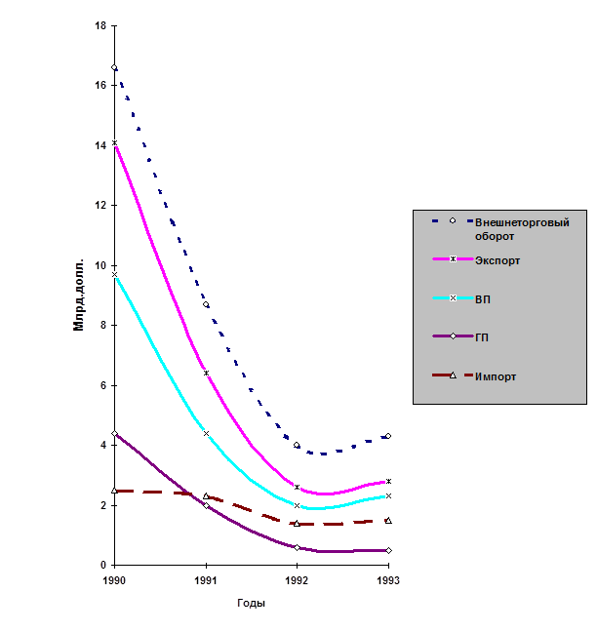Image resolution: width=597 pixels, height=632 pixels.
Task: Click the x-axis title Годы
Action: point(252,602)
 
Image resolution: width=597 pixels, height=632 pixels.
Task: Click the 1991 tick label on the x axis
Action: point(206,579)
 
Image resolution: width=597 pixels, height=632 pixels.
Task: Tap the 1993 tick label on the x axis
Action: point(388,579)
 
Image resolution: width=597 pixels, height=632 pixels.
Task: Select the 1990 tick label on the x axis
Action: point(115,579)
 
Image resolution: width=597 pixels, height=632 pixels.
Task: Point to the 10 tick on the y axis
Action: point(100,264)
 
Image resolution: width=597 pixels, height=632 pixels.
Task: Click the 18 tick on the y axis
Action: point(100,24)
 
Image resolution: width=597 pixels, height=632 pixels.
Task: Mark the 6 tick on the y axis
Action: point(101,384)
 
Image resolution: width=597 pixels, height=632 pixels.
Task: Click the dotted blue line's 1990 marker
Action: point(115,67)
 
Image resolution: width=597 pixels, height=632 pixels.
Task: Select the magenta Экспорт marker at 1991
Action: point(206,373)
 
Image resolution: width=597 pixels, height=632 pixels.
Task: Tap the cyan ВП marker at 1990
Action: point(115,274)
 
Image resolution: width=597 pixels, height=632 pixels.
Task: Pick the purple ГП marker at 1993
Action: point(388,550)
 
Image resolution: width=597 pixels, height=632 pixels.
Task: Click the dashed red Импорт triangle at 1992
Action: point(298,523)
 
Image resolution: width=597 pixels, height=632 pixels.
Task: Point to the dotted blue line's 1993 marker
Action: point(388,436)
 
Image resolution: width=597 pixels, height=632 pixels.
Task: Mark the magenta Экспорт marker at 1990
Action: point(115,142)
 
